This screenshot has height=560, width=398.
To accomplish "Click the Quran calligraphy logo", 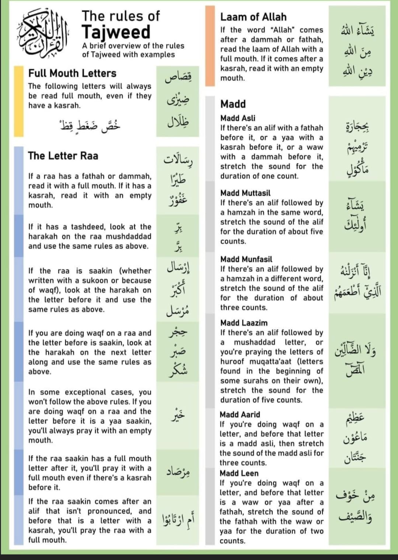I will tap(42, 34).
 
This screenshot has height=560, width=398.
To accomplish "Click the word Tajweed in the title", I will tap(116, 32).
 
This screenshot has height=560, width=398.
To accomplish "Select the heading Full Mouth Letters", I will tap(72, 73).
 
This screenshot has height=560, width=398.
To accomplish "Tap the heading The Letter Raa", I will tap(63, 156).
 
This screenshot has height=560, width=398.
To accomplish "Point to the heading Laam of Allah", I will tap(253, 17).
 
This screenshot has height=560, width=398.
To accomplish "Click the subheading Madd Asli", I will tap(238, 118).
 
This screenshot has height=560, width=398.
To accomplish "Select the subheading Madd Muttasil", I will tap(245, 193).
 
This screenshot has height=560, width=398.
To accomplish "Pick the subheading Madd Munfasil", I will tap(246, 259).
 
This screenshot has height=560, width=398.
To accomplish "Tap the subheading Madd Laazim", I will tap(244, 323).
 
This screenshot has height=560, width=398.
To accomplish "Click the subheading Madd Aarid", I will tap(240, 415).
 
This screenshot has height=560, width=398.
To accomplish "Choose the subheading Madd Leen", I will tap(239, 473).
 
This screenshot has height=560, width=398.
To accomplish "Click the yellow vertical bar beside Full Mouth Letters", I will tap(18, 101).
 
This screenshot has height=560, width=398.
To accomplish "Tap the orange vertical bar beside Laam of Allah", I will tap(210, 46).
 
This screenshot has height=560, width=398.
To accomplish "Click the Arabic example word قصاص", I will tap(178, 78).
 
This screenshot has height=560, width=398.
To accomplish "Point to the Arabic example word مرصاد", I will tap(178, 471).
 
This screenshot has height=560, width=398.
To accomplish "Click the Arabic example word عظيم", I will tap(355, 418).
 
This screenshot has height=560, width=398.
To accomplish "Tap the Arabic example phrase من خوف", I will tap(355, 496).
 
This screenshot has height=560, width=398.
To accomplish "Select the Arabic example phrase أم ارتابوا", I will tap(178, 520).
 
